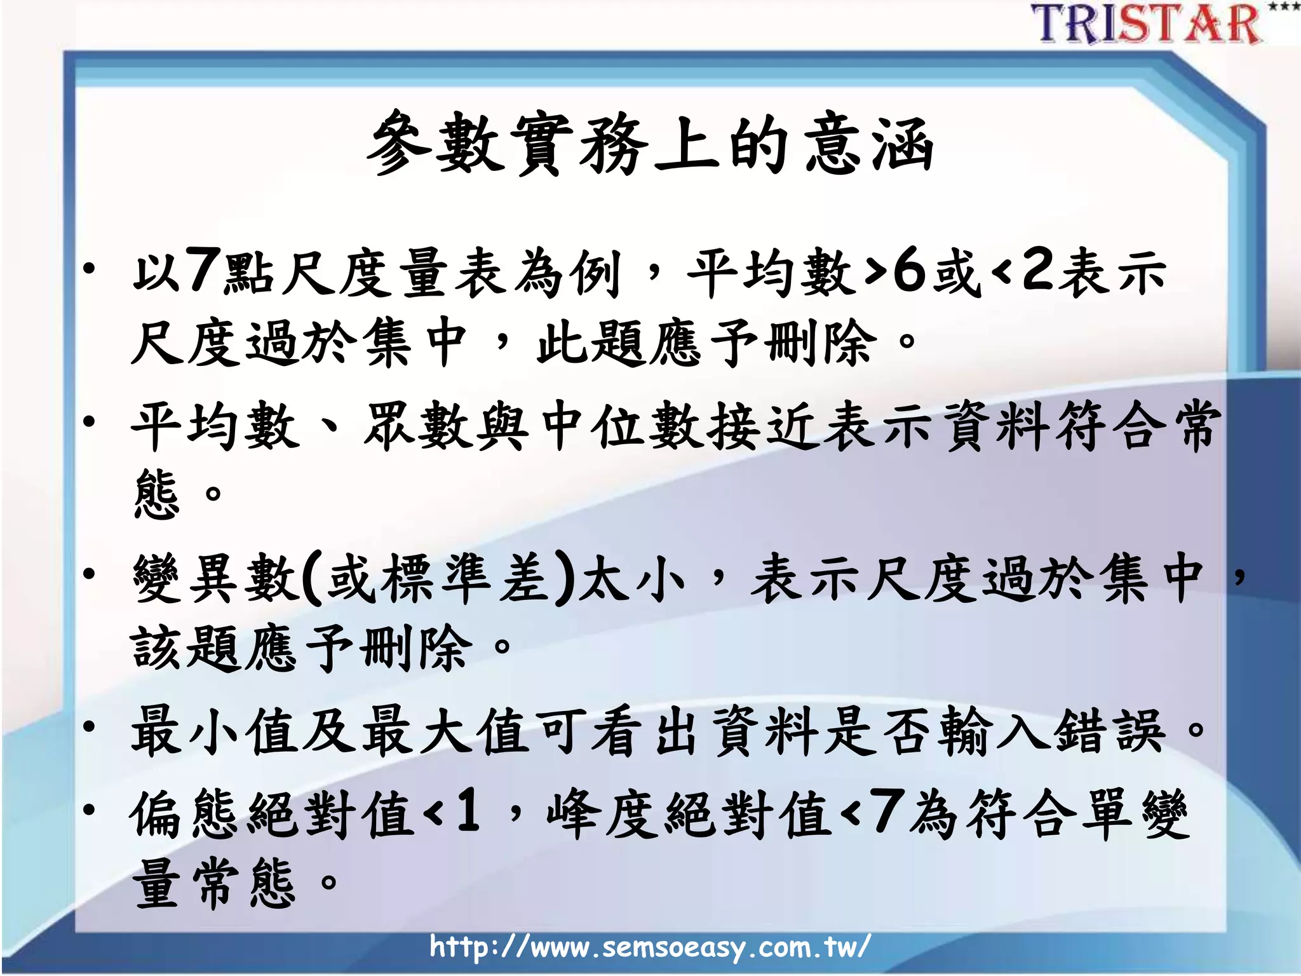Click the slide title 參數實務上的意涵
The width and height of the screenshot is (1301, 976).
click(650, 144)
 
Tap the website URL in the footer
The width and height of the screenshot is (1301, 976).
click(649, 947)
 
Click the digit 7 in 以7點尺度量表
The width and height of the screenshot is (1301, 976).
click(204, 271)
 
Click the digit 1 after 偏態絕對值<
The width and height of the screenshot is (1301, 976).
click(468, 810)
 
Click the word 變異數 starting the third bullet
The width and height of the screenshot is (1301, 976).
click(215, 577)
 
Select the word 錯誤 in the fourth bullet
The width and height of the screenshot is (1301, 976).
click(1109, 731)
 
